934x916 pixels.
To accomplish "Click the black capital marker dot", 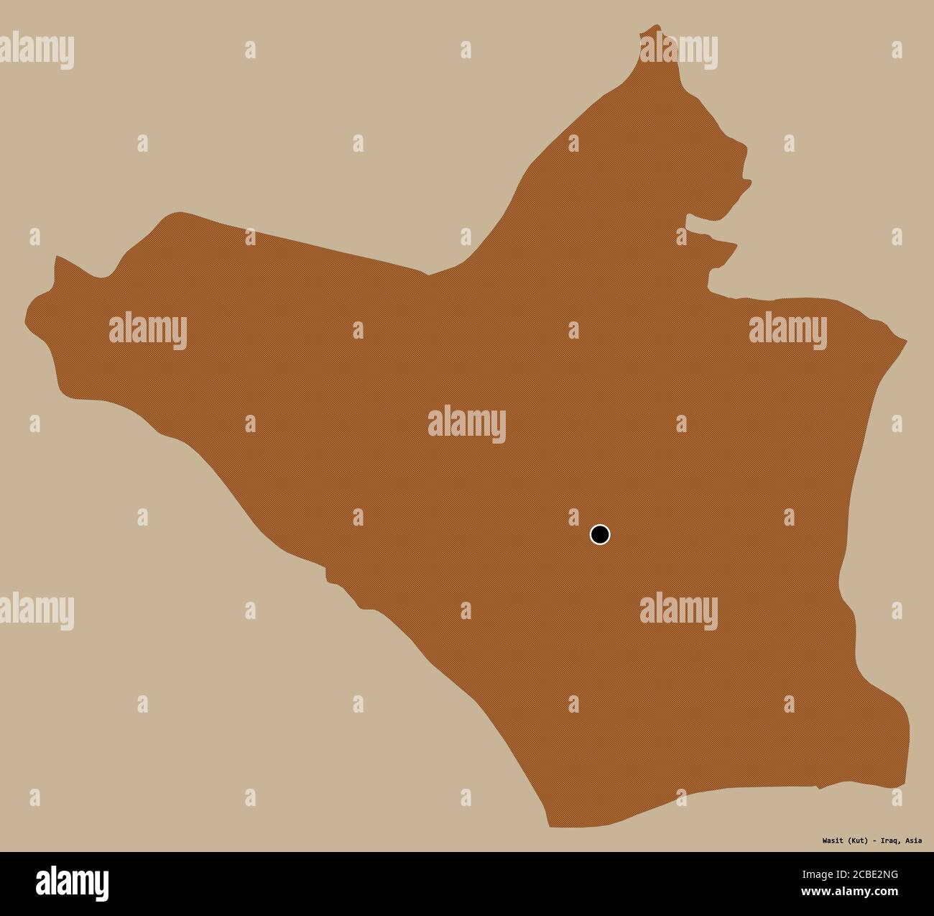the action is [x=599, y=534].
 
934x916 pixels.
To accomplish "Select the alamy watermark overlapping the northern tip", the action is [x=678, y=48].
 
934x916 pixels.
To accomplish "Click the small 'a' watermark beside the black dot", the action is [x=573, y=516].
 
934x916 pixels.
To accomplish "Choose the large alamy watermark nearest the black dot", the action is [x=678, y=608].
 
